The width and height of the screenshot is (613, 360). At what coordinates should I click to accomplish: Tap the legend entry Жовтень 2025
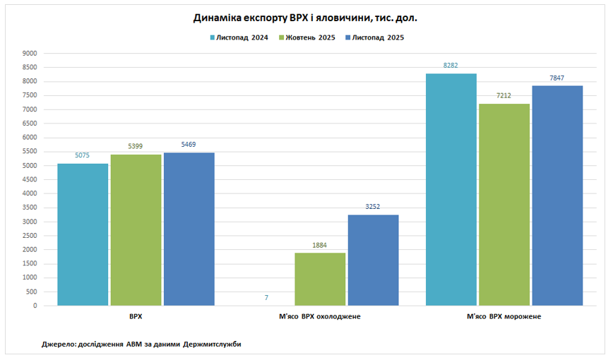(x=310, y=37)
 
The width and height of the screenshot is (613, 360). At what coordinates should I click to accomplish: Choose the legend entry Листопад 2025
(x=378, y=37)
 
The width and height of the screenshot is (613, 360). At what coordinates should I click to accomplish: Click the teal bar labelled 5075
(x=83, y=234)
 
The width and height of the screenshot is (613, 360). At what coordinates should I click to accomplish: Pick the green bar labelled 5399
(x=136, y=229)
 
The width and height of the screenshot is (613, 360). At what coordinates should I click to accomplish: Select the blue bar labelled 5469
(x=189, y=229)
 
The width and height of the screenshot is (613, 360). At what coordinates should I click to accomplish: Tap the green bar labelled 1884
(x=320, y=279)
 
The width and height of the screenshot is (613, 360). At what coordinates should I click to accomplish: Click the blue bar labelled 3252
(x=373, y=260)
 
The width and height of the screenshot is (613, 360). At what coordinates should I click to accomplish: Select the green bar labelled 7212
(x=504, y=205)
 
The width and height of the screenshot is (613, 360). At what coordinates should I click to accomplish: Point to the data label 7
(x=266, y=298)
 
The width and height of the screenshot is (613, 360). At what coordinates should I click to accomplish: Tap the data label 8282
(x=451, y=66)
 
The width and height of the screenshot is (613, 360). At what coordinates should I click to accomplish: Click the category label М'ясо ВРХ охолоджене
(x=320, y=316)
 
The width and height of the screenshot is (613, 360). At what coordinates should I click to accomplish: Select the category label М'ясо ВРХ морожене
(x=504, y=316)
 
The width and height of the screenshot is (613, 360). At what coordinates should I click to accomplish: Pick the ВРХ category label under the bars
(x=136, y=316)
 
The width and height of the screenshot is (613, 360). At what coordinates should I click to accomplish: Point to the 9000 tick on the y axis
(x=30, y=53)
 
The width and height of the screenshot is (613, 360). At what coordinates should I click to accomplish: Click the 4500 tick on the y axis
(x=30, y=179)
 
